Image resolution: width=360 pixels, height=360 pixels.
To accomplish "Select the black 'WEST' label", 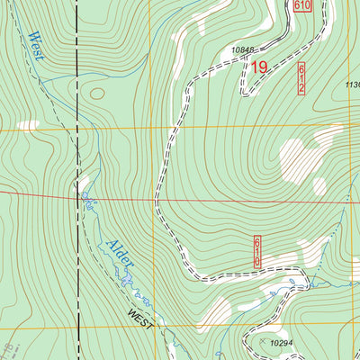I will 140,318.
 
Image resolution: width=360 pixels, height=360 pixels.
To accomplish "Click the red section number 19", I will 259,67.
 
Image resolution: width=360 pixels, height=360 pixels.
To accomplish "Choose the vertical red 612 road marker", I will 301,78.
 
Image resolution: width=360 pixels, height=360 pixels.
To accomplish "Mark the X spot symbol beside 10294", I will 263,343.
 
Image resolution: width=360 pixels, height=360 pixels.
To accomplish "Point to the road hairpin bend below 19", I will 243,91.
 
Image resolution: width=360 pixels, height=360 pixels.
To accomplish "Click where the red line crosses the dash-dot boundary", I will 76,194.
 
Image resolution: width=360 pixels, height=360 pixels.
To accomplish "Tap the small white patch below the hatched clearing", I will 319,185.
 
